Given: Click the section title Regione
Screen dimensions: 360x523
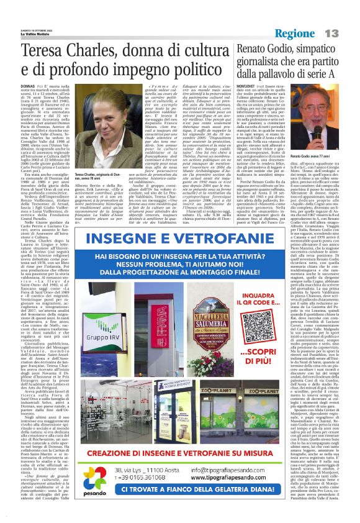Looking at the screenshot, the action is point(314,32).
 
